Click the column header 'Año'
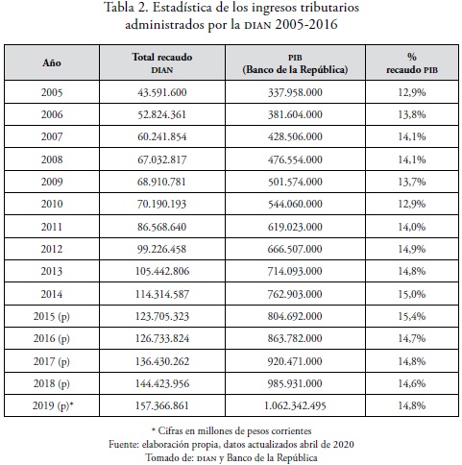[52, 62]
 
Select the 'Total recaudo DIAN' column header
[162, 63]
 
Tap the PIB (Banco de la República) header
[295, 63]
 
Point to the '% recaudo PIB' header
[412, 63]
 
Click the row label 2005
[52, 92]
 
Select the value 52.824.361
[162, 114]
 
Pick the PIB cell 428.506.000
[295, 136]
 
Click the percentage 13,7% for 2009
[412, 182]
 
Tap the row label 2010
[52, 204]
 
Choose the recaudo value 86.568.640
[162, 227]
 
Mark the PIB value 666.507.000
[295, 249]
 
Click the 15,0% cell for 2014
[412, 294]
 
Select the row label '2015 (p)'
[52, 316]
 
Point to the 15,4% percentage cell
[412, 316]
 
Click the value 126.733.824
[162, 338]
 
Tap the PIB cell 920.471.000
[295, 361]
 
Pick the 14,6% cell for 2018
[412, 383]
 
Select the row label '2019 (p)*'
[53, 405]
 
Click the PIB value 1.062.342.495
[295, 405]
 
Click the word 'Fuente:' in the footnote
[124, 444]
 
